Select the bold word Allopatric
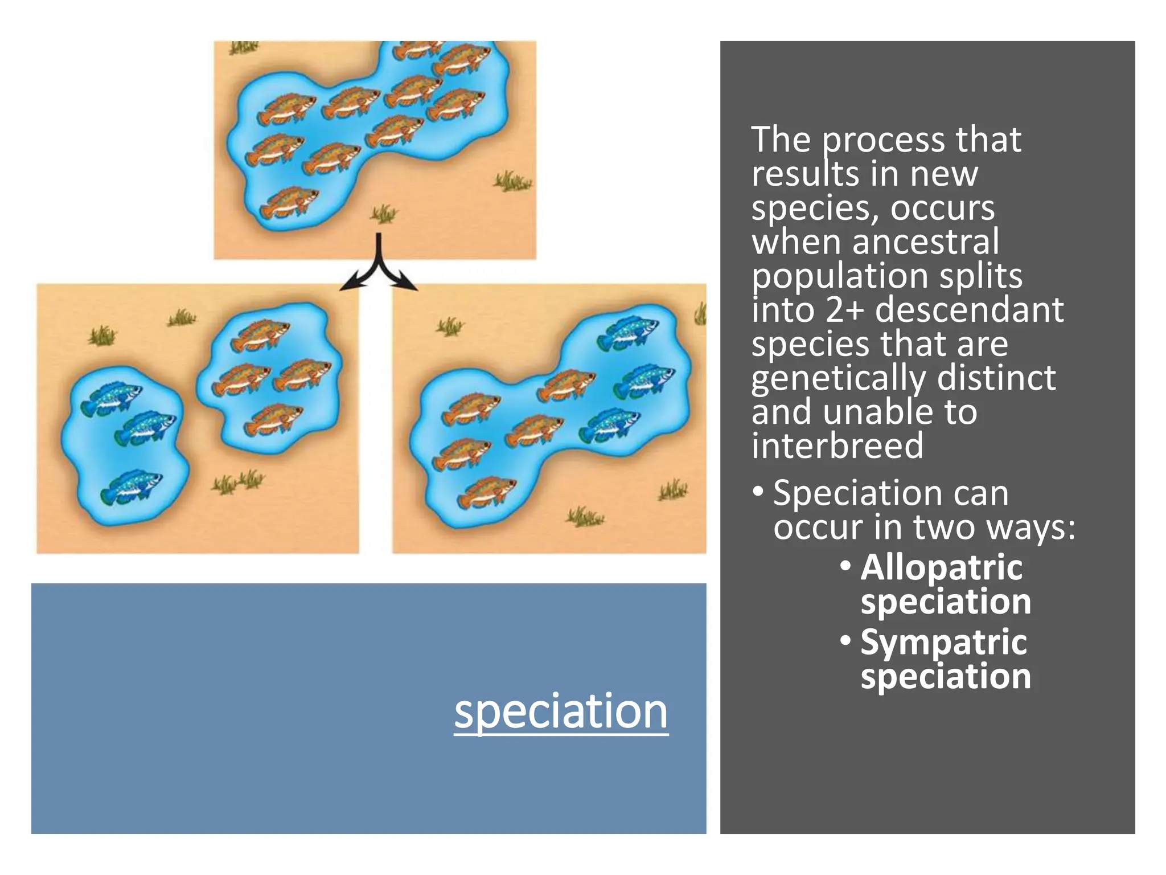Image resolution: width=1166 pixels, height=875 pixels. click(x=941, y=567)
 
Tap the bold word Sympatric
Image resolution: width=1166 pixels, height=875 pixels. click(x=943, y=643)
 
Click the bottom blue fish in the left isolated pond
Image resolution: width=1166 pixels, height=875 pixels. click(x=131, y=487)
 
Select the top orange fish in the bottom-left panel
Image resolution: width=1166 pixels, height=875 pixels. click(x=260, y=334)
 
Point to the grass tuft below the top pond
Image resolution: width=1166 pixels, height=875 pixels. click(x=384, y=214)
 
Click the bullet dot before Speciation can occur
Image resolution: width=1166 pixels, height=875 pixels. click(x=757, y=491)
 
